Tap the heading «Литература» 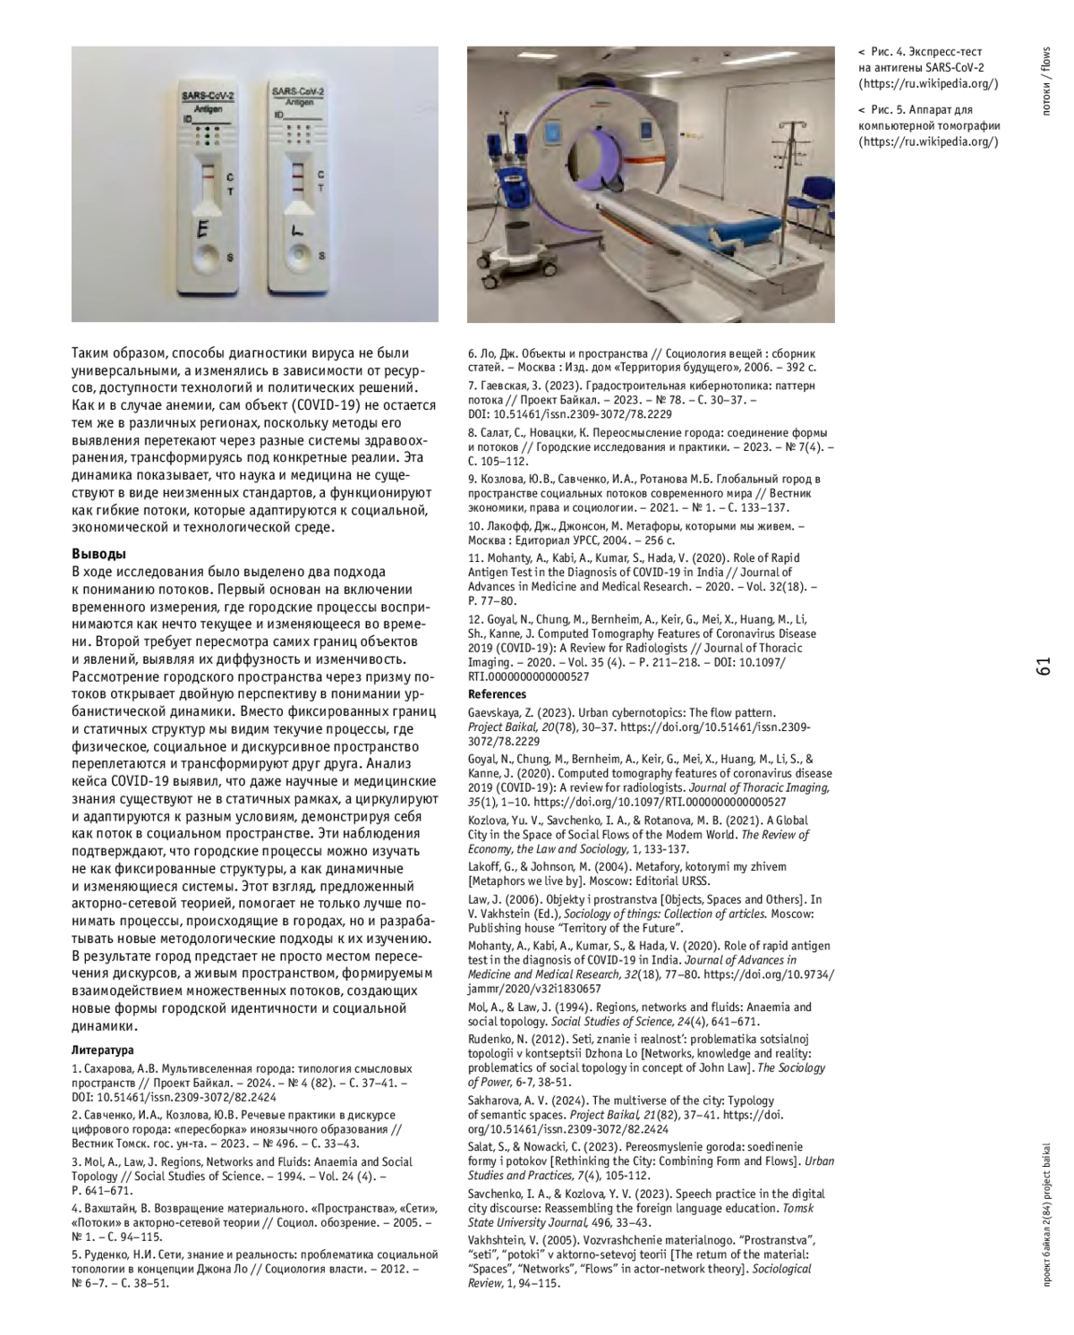103,1050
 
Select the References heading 498,694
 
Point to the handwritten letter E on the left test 203,230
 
